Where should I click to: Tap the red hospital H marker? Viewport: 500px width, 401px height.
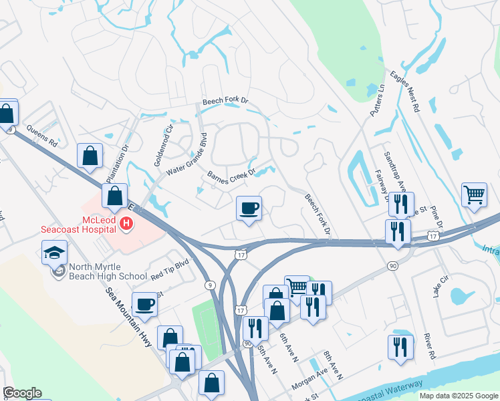tap(126, 223)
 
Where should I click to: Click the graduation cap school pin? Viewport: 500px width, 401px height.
tap(54, 253)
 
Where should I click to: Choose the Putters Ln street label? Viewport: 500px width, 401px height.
tap(377, 98)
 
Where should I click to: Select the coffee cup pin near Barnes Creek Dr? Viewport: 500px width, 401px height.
tap(249, 209)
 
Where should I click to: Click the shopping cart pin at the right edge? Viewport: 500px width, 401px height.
tap(474, 195)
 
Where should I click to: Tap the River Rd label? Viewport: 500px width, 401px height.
tap(428, 346)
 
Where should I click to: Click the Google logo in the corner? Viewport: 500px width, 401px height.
tap(22, 393)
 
